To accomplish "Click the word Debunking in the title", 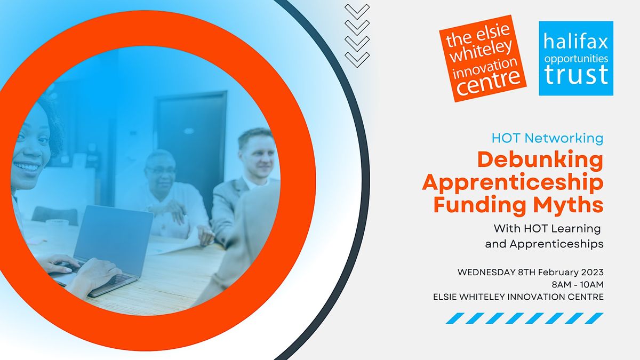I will (x=540, y=160).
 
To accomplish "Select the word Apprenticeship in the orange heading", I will (x=513, y=182).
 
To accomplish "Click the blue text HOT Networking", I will (x=548, y=138).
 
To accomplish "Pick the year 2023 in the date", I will (x=592, y=272).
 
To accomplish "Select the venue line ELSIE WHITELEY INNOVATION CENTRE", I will (x=518, y=297).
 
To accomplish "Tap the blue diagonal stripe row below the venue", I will (x=525, y=318).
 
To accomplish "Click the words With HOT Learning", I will (x=547, y=229).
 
